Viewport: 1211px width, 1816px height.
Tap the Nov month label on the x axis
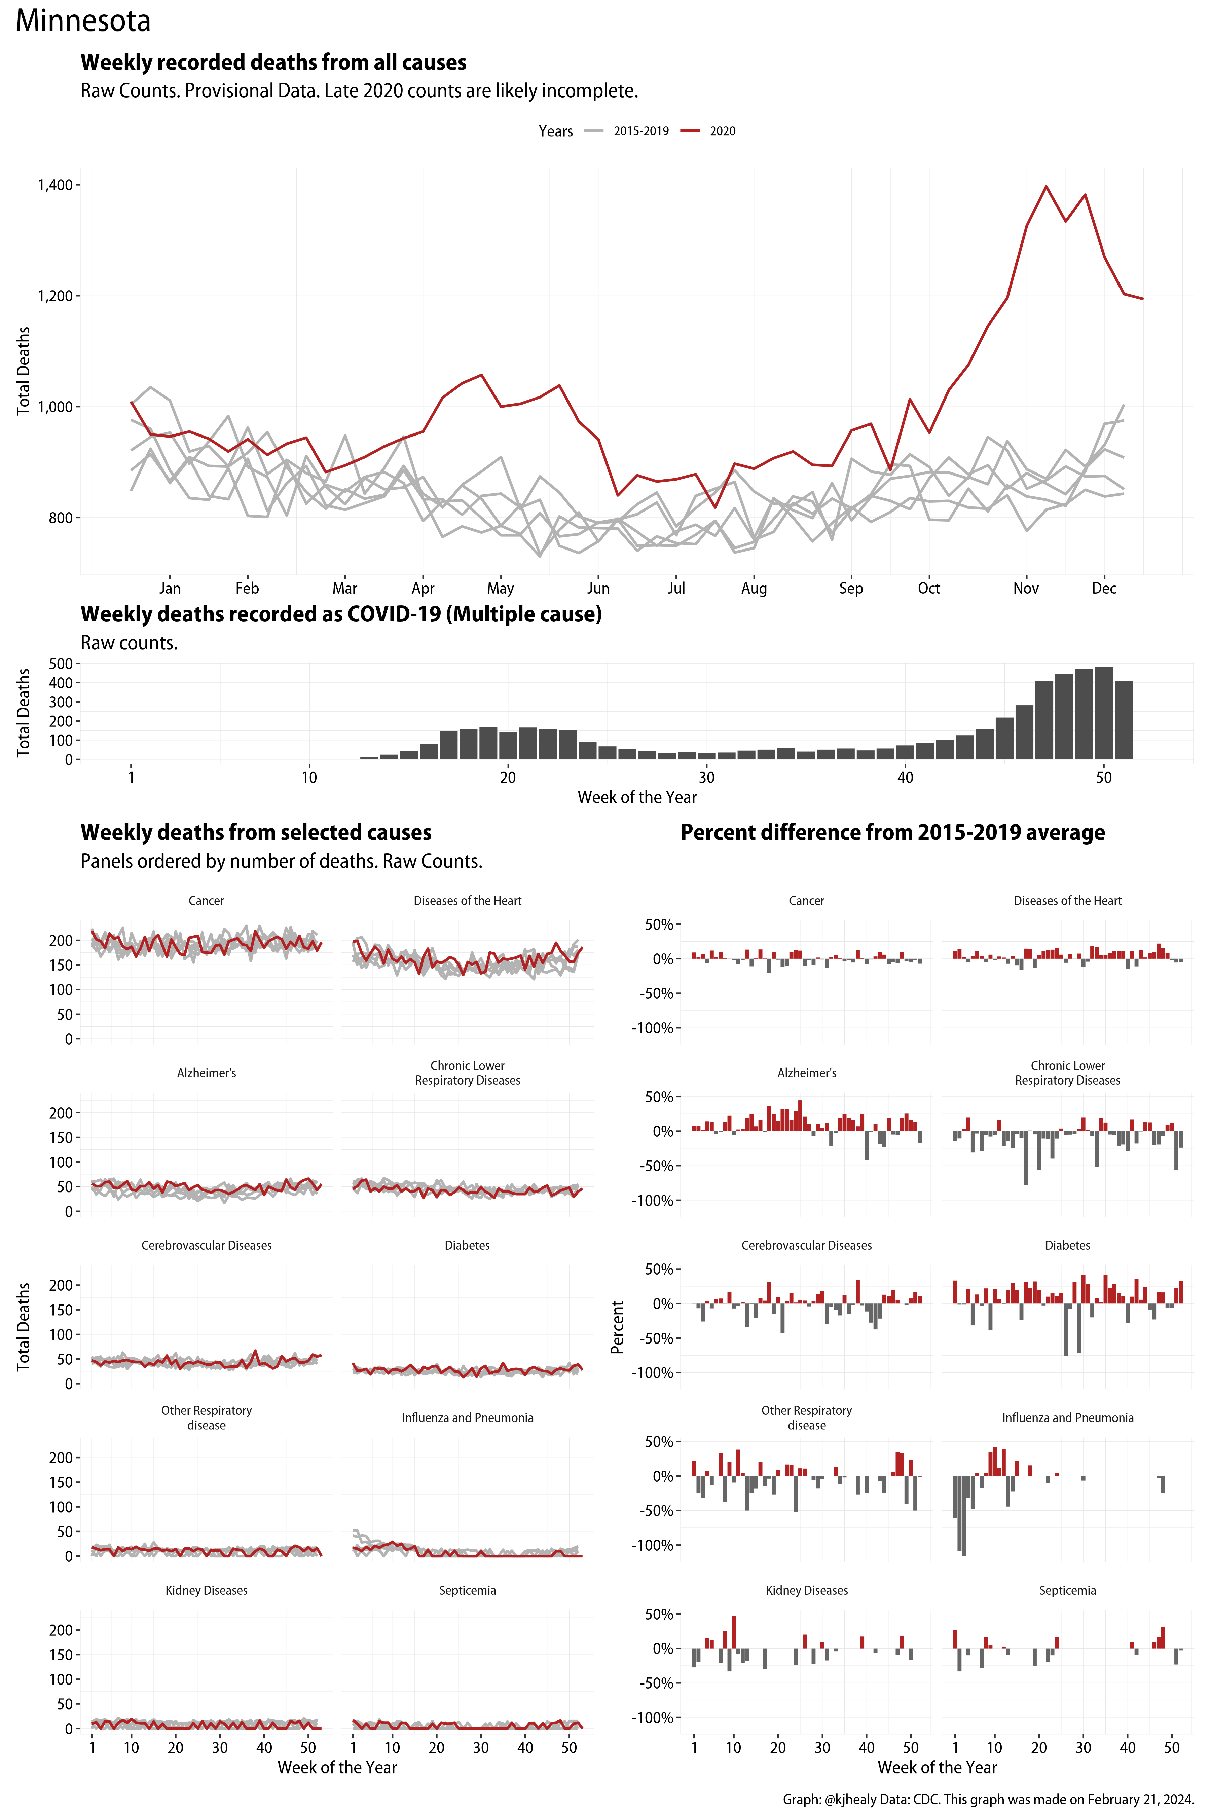pyautogui.click(x=1026, y=588)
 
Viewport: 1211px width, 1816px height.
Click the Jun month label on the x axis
pyautogui.click(x=598, y=588)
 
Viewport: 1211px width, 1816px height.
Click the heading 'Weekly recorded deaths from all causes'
pyautogui.click(x=273, y=63)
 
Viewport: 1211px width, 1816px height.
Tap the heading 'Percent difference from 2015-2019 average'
pyautogui.click(x=892, y=832)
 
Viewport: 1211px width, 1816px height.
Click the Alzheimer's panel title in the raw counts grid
pyautogui.click(x=206, y=1073)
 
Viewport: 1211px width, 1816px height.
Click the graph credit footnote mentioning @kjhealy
pyautogui.click(x=989, y=1799)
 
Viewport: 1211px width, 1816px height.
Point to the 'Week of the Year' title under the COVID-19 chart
pyautogui.click(x=637, y=798)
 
